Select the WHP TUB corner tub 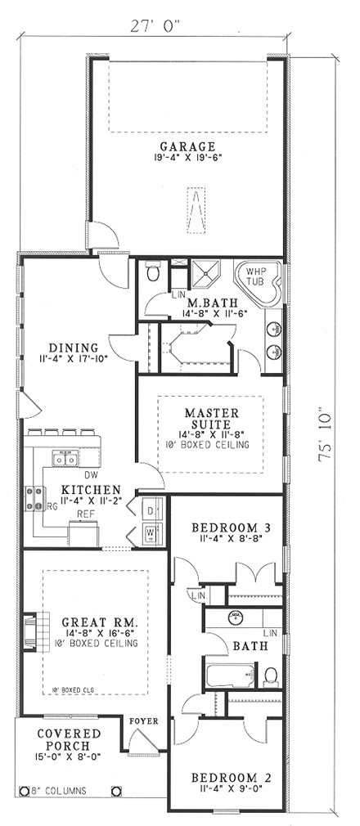[257, 276]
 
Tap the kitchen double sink [65, 460]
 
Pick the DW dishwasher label [92, 474]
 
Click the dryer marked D [151, 510]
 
